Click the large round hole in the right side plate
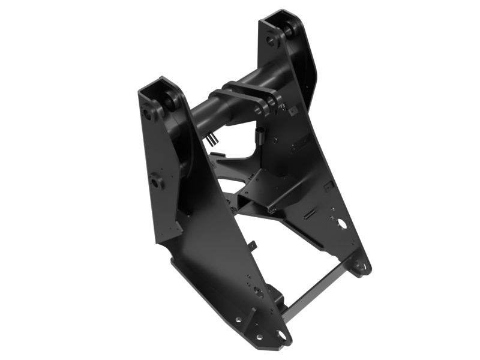tap(341, 224)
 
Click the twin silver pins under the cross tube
tap(211, 139)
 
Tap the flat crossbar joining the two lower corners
tap(314, 293)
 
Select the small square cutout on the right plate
tap(328, 186)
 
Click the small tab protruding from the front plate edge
tap(253, 245)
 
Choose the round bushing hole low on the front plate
tap(257, 292)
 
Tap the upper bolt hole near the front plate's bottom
tap(238, 320)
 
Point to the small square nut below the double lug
tap(292, 112)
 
